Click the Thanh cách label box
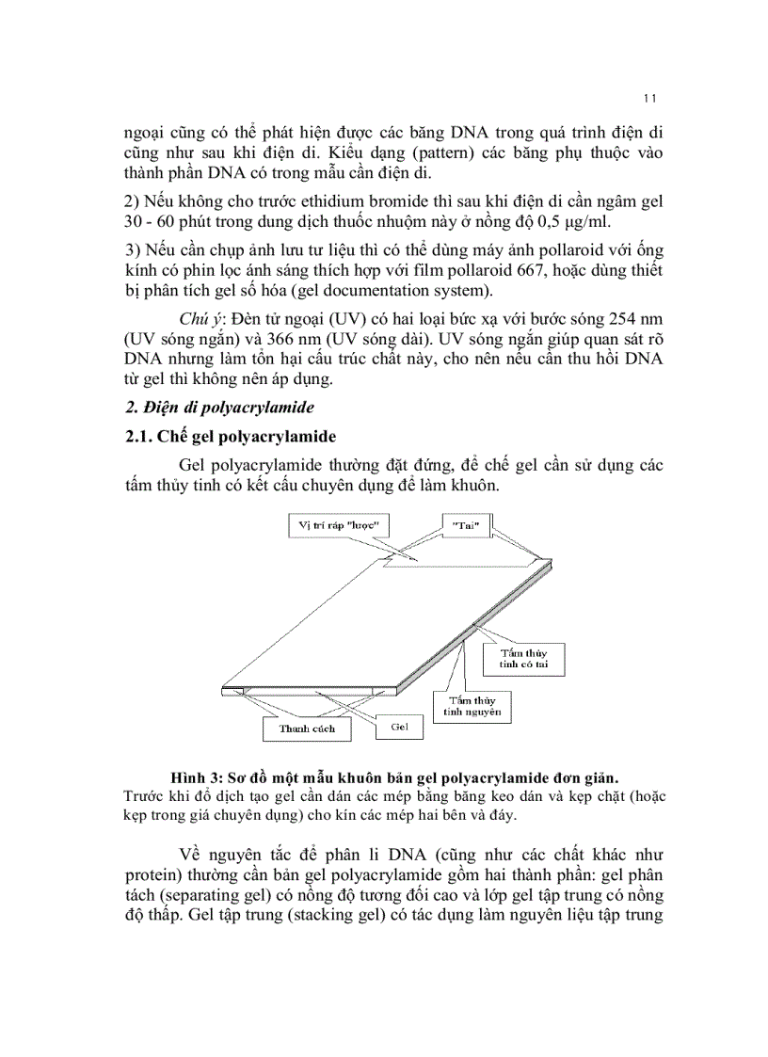pos(307,729)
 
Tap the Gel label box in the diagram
pos(399,727)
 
